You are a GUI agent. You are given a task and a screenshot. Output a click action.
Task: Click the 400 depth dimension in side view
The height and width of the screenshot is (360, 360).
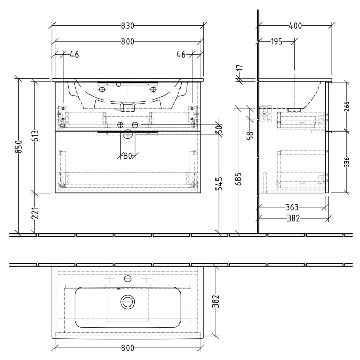295,26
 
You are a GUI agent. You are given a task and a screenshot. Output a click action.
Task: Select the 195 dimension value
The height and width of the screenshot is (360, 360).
277,42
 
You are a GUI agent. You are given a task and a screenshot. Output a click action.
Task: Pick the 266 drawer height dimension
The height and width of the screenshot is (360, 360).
346,106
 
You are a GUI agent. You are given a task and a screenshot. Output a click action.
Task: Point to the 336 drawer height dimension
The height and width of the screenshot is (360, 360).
346,162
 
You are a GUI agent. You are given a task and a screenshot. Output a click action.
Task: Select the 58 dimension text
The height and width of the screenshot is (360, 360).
250,136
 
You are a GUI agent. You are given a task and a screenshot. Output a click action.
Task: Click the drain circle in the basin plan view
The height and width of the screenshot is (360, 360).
128,302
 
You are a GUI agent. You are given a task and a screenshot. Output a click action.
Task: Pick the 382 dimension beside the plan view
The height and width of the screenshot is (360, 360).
216,302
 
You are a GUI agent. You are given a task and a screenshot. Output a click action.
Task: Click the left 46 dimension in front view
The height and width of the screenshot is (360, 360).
74,55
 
